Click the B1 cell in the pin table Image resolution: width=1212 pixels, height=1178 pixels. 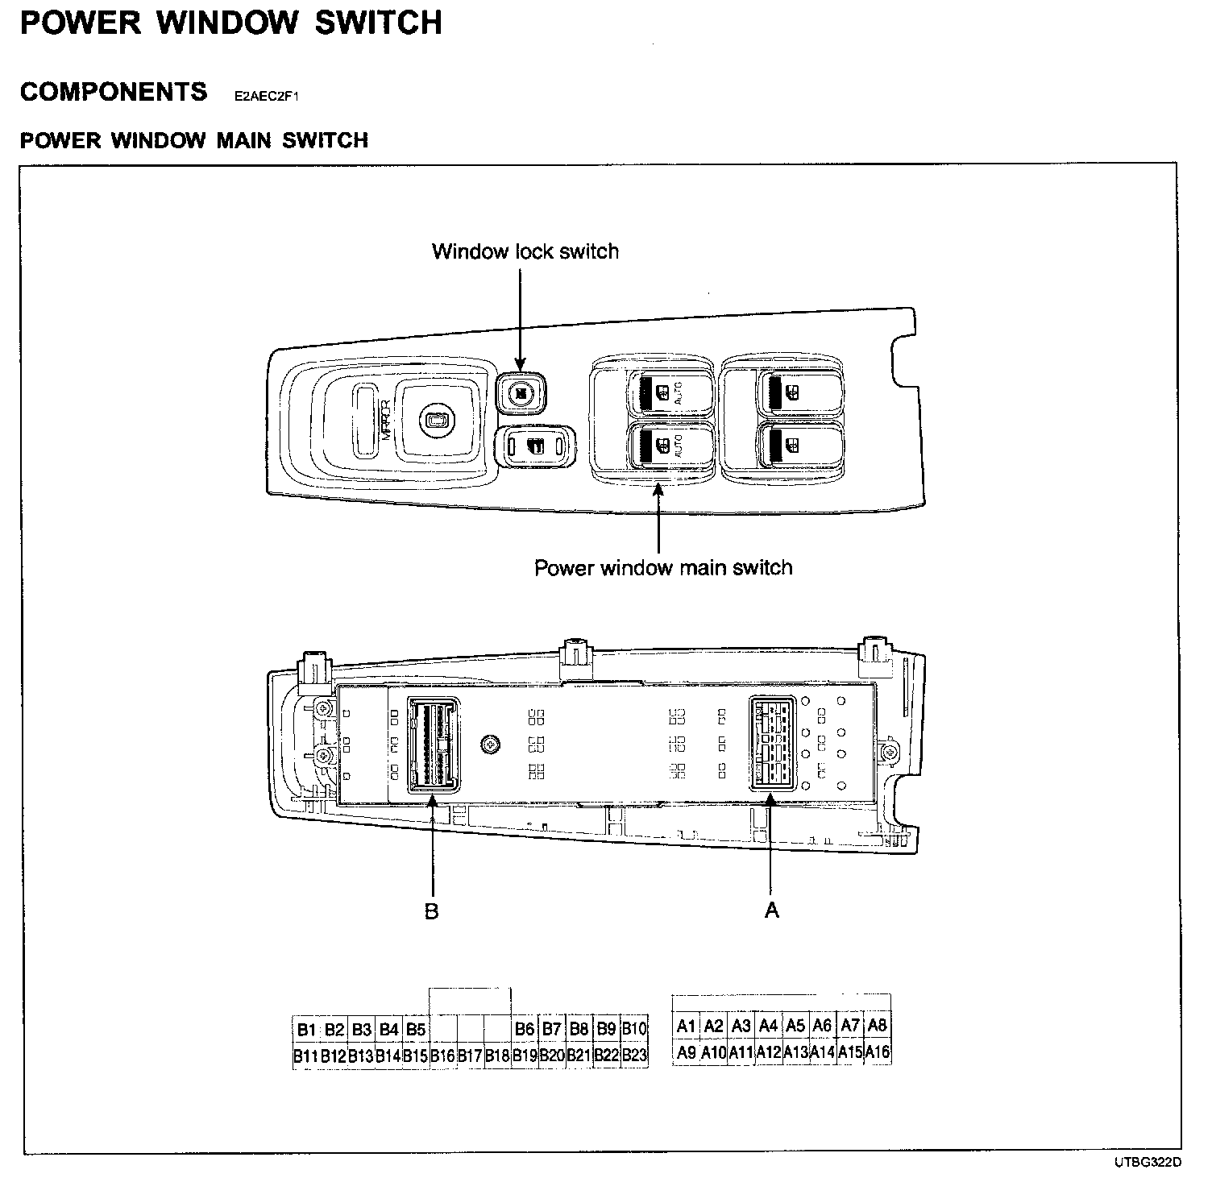point(306,1029)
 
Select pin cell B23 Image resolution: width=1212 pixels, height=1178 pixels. point(634,1055)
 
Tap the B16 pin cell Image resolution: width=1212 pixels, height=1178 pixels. point(443,1055)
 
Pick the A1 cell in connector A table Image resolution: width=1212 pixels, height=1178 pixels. point(686,1026)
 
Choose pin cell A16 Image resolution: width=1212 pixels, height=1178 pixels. point(878,1051)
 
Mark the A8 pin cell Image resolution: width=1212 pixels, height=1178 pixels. point(878,1025)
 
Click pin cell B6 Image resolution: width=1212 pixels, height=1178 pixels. point(525,1029)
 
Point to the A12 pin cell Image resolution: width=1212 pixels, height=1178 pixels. point(769,1051)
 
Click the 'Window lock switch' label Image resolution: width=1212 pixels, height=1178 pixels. point(525,251)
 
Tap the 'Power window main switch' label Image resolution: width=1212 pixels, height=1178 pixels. point(663,567)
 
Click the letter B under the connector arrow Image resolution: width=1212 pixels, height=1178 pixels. point(432,911)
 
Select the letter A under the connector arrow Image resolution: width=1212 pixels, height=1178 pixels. point(771,910)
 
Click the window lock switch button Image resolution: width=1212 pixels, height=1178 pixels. point(520,394)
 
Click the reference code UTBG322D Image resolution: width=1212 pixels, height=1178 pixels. point(1148,1162)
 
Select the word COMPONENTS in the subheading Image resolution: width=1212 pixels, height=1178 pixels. point(114,92)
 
